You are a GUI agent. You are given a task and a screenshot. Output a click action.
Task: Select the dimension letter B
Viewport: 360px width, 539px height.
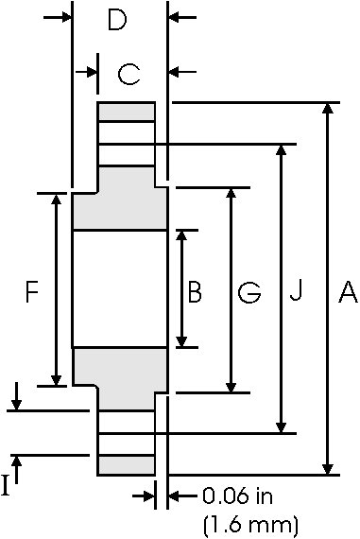[x=195, y=292]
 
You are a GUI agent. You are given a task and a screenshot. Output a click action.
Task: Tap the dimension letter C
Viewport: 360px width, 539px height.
[x=130, y=72]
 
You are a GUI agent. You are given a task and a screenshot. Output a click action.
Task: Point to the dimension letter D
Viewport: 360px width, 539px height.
[x=116, y=20]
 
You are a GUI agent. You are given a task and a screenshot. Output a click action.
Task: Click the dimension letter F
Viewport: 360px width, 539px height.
[x=31, y=292]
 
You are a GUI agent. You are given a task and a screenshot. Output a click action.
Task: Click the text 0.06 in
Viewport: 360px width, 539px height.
[x=236, y=496]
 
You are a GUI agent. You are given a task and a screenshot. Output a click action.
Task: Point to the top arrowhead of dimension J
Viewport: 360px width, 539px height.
[x=281, y=151]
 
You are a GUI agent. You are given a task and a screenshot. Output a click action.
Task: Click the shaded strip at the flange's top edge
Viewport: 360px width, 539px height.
[x=127, y=112]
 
